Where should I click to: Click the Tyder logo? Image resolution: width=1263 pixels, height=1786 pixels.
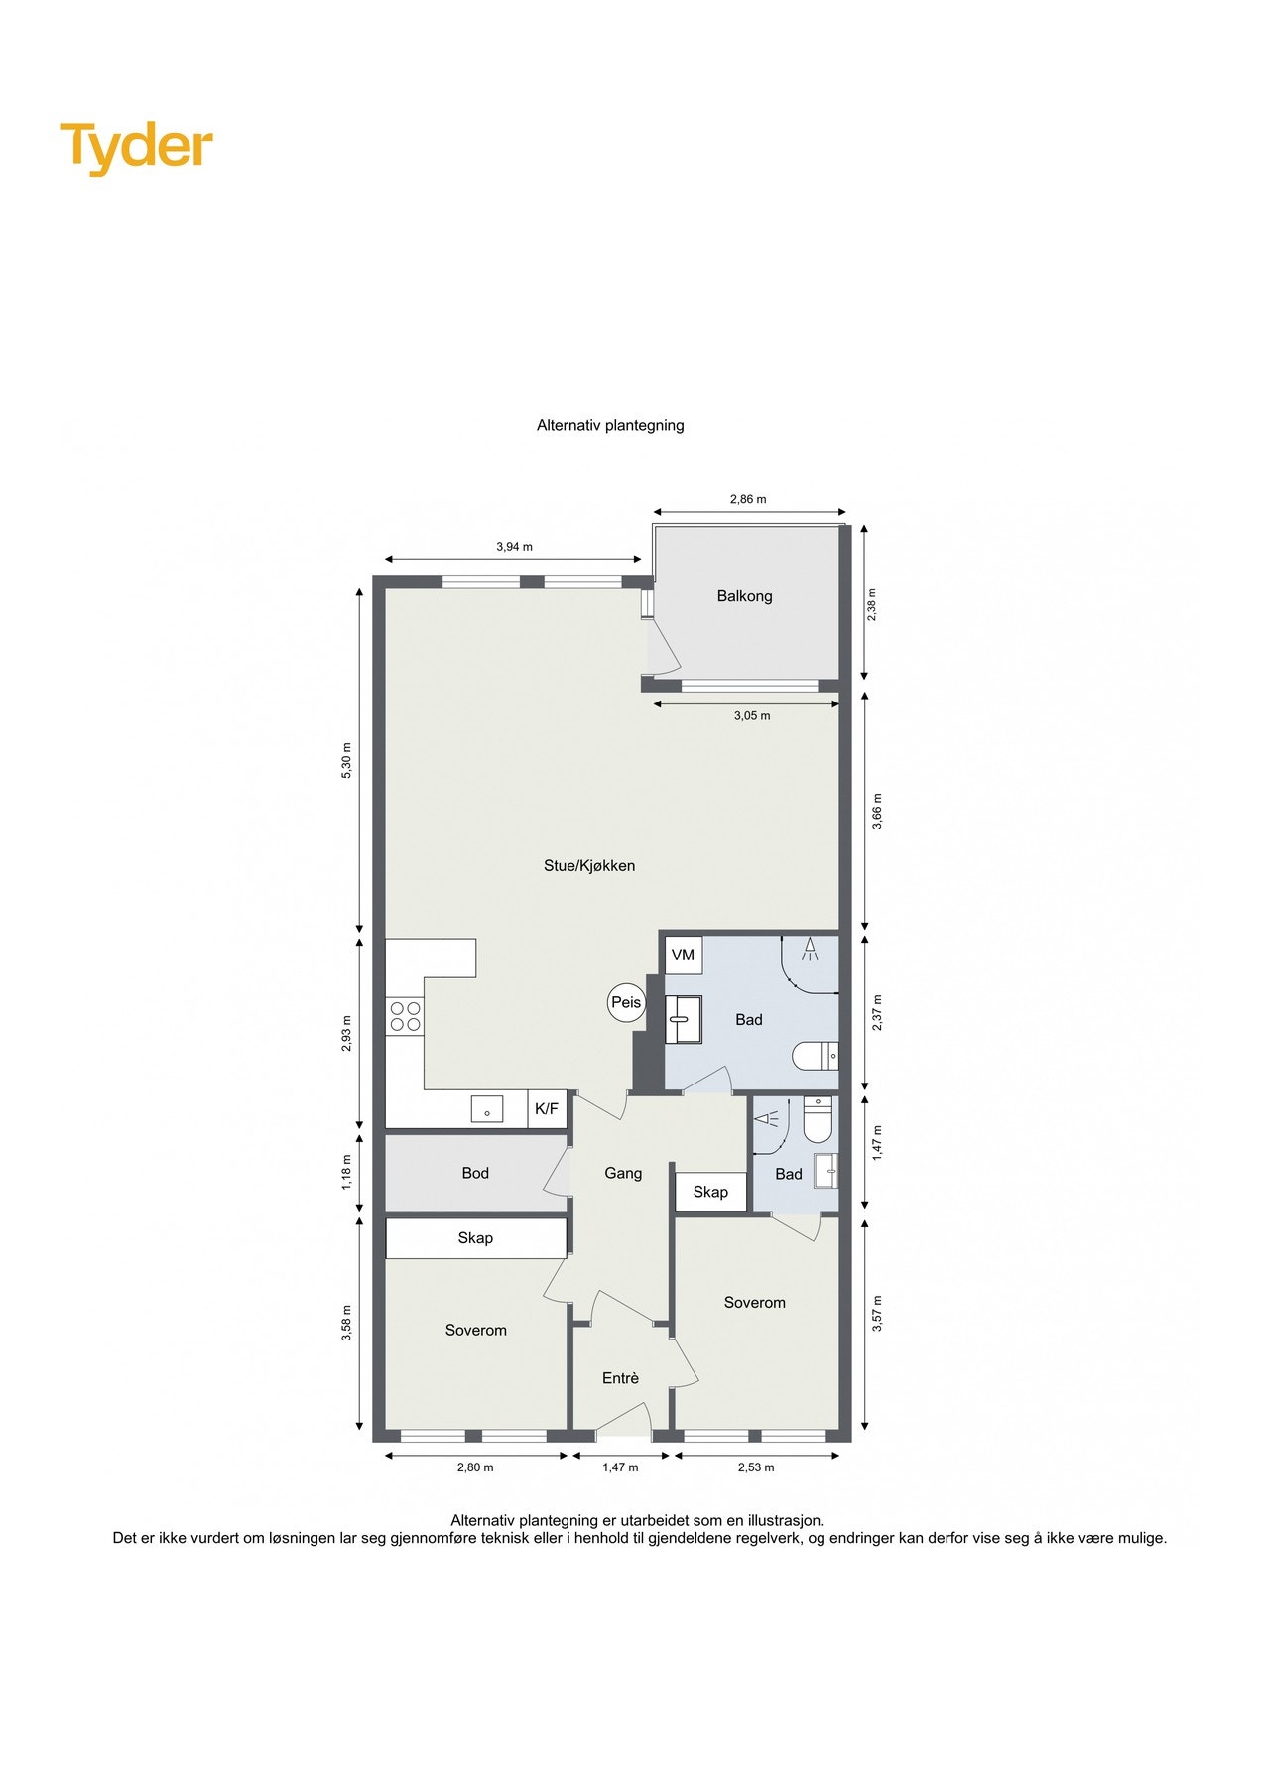point(136,147)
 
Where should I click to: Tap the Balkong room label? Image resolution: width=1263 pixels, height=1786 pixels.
point(744,596)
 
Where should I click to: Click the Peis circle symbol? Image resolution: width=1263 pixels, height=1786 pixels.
point(626,1002)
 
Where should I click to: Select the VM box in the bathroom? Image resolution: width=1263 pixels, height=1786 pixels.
point(683,955)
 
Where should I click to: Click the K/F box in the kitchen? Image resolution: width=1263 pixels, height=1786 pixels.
point(547,1109)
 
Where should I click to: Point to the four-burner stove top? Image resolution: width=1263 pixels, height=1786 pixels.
point(405,1017)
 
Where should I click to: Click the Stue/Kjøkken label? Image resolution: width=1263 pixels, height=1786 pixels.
point(589,865)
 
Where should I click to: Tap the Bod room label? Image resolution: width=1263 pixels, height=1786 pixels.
point(475,1173)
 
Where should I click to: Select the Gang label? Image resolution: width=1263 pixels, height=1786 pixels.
point(623,1173)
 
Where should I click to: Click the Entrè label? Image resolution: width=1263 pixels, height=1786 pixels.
point(620,1378)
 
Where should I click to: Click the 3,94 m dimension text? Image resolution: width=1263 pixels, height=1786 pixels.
point(514,547)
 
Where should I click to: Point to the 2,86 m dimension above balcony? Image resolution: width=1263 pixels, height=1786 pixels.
point(748,499)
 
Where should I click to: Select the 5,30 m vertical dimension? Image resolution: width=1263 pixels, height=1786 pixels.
point(346,761)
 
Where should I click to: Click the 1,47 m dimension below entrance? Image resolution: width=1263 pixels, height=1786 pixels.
point(620,1467)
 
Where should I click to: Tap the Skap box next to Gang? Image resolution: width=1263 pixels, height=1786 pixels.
point(710,1192)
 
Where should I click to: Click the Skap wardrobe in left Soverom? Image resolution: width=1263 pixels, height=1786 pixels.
point(475,1238)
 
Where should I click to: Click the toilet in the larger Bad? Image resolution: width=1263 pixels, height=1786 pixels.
point(816,1056)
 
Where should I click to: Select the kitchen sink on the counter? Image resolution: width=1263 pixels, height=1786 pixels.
point(487,1109)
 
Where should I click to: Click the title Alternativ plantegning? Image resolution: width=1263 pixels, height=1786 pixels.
point(610,425)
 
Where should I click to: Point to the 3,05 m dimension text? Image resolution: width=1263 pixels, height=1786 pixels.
point(751,715)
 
